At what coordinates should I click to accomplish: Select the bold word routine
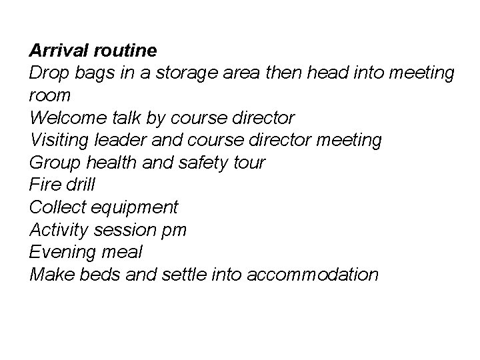pyautogui.click(x=133, y=50)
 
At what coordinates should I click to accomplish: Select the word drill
pyautogui.click(x=81, y=185)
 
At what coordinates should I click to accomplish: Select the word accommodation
pyautogui.click(x=312, y=274)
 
